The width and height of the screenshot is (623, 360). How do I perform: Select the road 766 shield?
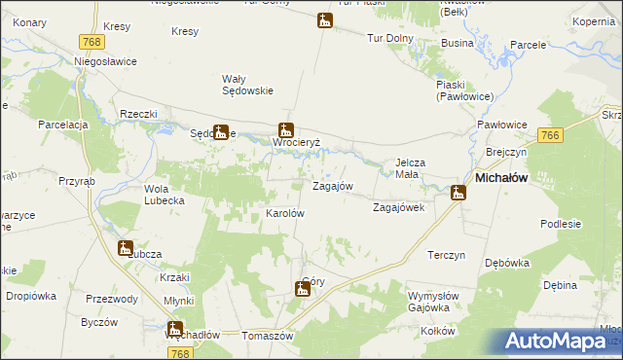coord(551,136)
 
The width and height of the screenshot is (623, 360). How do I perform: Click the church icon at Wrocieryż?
coord(286,128)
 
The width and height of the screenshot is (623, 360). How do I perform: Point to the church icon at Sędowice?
coord(221,132)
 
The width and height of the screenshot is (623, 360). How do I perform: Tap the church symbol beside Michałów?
coord(457,193)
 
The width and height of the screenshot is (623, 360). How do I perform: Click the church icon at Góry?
coord(302,288)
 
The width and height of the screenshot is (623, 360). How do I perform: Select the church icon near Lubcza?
coord(125,248)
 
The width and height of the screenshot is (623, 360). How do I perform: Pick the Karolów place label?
coord(285,213)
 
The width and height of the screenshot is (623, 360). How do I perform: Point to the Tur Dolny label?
coord(389,38)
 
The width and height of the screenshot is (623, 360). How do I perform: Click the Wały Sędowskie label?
coord(247,85)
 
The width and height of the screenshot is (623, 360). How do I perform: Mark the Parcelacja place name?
coord(64,126)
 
